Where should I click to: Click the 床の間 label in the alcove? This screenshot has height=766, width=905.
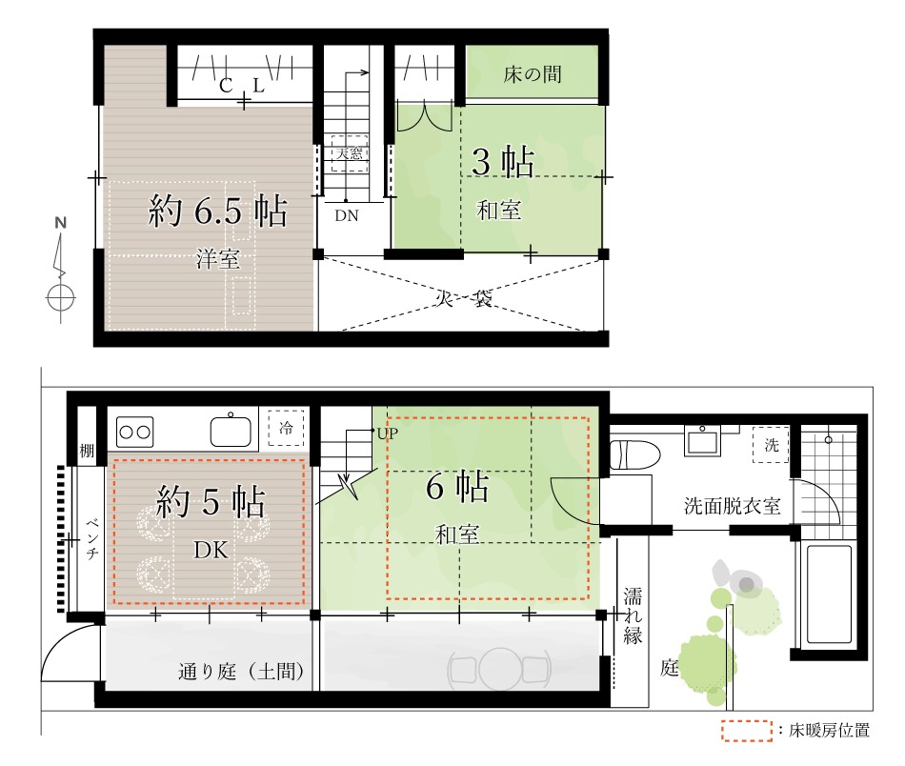click(533, 74)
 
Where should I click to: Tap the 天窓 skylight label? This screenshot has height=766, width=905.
click(350, 153)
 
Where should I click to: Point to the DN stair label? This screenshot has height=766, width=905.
click(347, 216)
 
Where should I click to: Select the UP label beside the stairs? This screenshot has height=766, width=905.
click(388, 433)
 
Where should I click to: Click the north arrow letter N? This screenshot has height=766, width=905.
click(61, 222)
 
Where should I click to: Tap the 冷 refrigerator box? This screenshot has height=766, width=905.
click(286, 428)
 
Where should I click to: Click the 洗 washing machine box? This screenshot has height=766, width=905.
click(771, 445)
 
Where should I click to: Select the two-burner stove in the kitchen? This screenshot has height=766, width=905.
click(134, 432)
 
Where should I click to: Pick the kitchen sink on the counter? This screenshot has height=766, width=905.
click(231, 430)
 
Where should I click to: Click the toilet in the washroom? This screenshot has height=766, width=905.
click(634, 455)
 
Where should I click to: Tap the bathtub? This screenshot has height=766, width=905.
click(829, 594)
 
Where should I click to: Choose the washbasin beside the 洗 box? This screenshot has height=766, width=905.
click(702, 440)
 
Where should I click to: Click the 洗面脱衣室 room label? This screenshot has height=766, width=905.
click(733, 506)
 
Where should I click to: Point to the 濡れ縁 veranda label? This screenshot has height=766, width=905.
click(633, 615)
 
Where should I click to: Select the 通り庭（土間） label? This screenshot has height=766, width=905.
click(241, 672)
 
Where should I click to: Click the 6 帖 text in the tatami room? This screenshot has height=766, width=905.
click(457, 486)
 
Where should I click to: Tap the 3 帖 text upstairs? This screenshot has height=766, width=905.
click(503, 162)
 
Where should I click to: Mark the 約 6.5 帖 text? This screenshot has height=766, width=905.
click(217, 211)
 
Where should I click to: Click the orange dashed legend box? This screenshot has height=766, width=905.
click(747, 731)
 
